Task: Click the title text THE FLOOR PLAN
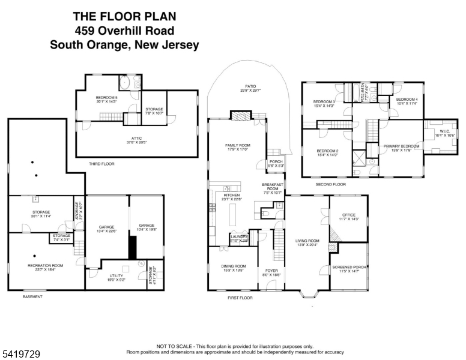tap(124, 16)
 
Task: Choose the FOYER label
tap(271, 271)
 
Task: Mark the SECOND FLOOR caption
tap(330, 185)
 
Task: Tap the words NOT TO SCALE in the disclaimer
tap(174, 347)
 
